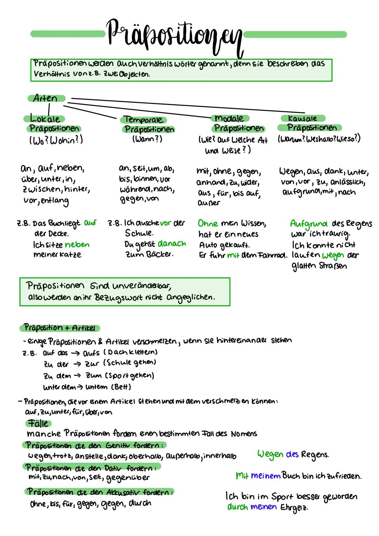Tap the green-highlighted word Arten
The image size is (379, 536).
46,98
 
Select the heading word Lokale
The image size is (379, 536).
45,119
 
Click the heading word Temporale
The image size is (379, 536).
144,120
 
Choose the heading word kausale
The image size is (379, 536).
302,118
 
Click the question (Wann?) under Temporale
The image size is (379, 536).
147,139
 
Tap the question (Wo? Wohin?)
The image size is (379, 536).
56,140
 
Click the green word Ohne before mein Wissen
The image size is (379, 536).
208,223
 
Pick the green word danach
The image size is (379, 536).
172,244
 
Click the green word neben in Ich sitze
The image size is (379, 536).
77,245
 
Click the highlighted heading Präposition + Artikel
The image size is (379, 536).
59,328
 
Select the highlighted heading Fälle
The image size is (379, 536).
38,423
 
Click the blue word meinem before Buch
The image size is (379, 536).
266,476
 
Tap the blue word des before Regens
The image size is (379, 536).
292,454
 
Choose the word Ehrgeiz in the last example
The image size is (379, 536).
294,508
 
